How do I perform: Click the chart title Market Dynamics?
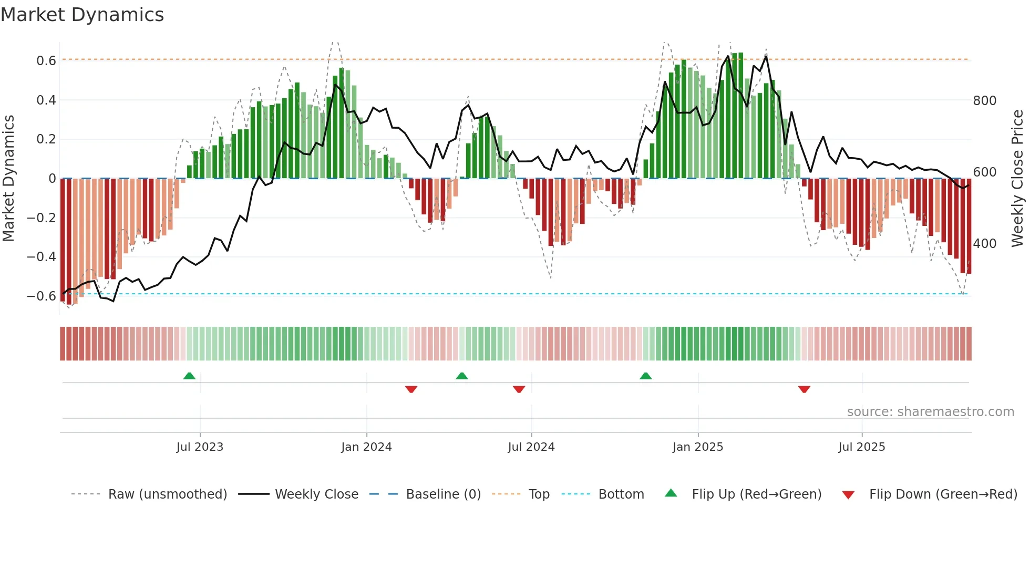tap(82, 15)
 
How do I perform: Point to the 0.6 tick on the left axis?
tap(46, 61)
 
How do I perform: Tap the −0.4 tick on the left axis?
tap(42, 257)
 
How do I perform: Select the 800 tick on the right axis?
tap(984, 101)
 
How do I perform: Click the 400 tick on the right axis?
tap(984, 244)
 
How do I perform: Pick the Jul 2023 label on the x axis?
tap(200, 447)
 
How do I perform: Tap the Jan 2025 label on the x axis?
tap(698, 447)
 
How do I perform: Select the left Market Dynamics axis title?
tap(8, 179)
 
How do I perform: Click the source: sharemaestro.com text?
tap(930, 412)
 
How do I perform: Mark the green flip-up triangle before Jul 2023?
tap(189, 376)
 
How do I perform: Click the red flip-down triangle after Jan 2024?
tap(411, 389)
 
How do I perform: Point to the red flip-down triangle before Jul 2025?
tap(804, 389)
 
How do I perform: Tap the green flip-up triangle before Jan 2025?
tap(646, 376)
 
